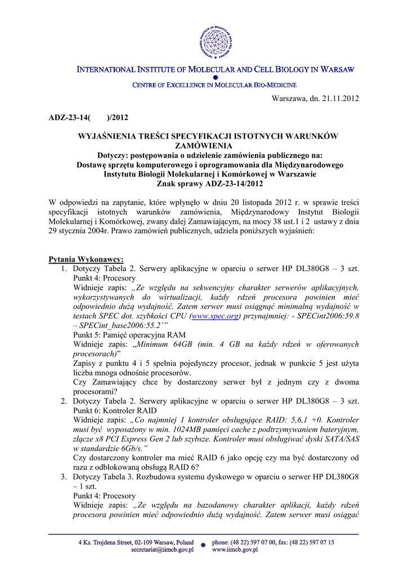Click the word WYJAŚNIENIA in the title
[x=109, y=137]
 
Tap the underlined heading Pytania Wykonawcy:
[x=86, y=259]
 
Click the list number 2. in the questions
[x=64, y=401]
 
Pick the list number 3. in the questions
[x=64, y=476]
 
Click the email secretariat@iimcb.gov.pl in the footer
[x=162, y=549]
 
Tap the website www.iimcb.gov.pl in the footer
[x=235, y=549]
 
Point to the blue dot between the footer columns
[x=202, y=545]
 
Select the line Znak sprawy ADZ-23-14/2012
[x=204, y=184]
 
